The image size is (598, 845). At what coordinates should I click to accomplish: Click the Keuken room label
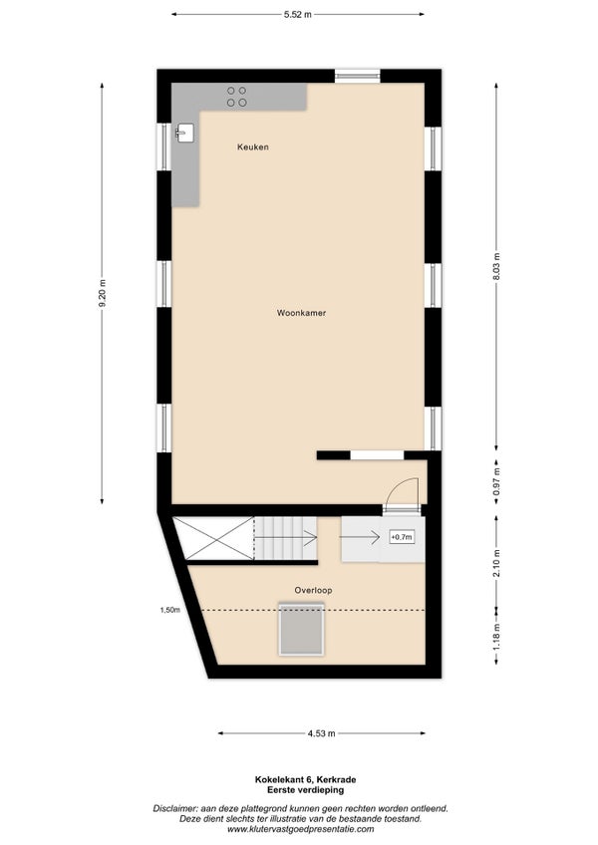point(253,146)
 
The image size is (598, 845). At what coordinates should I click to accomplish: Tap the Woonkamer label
point(301,313)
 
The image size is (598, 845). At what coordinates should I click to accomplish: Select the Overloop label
point(313,590)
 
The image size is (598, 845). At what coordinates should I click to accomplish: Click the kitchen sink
point(185,133)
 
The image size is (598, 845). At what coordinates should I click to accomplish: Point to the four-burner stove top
point(237,97)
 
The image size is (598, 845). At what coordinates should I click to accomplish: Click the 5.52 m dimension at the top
point(298,15)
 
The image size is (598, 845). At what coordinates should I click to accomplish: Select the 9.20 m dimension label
point(102,294)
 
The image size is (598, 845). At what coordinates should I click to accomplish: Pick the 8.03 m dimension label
point(496,267)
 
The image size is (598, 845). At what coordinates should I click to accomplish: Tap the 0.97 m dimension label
point(496,481)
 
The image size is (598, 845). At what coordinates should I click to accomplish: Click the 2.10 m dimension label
point(496,563)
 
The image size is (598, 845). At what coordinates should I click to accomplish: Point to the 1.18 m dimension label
point(496,637)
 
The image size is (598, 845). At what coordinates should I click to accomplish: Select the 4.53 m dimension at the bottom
point(321,733)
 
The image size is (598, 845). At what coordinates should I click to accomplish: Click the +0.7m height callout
point(402,537)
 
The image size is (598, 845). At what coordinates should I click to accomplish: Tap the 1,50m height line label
point(169,610)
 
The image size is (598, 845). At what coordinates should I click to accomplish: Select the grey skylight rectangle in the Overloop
point(301,630)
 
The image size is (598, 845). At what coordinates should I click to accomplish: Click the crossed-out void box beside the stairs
point(213,538)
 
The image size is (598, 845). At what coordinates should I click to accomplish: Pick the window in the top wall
point(358,76)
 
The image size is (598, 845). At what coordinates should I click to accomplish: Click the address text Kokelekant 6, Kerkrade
point(306,779)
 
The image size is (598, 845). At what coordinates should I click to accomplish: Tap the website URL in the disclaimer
point(300,829)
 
